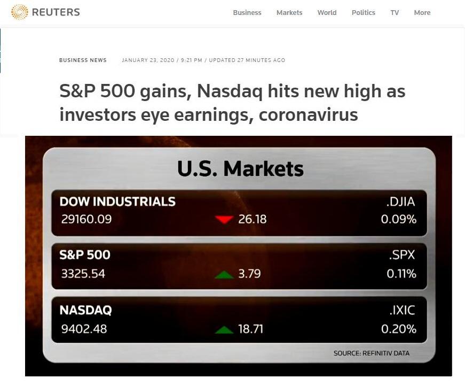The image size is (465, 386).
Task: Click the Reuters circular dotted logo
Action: pos(20,12)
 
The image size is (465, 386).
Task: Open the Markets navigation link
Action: pos(289,12)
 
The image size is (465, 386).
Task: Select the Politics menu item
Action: pos(363,12)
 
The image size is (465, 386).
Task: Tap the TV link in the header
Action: pos(395,12)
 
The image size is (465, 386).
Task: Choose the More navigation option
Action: pos(422,12)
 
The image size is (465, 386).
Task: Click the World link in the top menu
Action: pos(327,12)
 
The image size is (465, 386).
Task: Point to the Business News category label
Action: pos(83,60)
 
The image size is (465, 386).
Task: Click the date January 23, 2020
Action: pos(148,60)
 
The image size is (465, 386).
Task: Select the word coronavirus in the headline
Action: pos(309,114)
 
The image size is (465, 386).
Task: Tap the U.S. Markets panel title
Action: pos(240,168)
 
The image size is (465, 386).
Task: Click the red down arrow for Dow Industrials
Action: pos(224,219)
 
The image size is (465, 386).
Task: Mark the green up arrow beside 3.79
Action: pos(224,275)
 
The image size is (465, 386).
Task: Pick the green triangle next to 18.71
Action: pos(224,329)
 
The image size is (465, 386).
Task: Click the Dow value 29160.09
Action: pos(86,219)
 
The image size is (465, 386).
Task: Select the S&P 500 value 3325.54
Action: pos(83,274)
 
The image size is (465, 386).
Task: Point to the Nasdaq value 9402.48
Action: pos(84,329)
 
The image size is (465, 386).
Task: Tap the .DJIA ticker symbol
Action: pos(400,202)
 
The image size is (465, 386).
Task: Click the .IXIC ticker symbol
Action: pos(402,310)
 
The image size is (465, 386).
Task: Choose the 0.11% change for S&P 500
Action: pos(401,274)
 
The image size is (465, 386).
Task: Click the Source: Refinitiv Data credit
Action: pos(371,353)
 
